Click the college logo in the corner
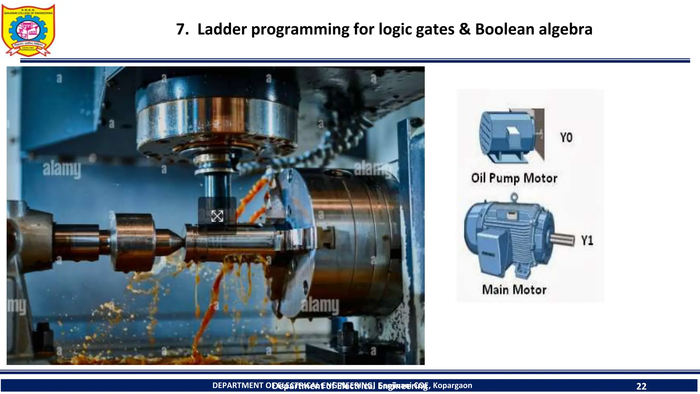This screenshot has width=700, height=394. (x=28, y=30)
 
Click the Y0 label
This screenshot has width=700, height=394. (x=566, y=137)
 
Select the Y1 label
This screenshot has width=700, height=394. (x=587, y=240)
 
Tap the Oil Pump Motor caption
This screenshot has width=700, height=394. (x=514, y=178)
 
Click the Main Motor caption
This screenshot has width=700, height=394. (x=514, y=290)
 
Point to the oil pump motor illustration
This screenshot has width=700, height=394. (x=509, y=135)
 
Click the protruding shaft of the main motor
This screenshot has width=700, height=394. (x=562, y=239)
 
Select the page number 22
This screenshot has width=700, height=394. (x=641, y=386)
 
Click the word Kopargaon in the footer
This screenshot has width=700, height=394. (x=453, y=385)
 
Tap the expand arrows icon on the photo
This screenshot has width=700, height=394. (x=217, y=216)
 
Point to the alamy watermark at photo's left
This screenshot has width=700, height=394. (x=62, y=170)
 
